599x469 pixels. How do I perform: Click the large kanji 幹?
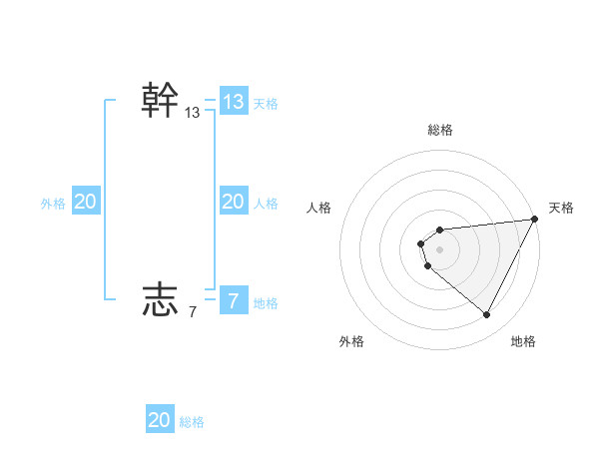[x=161, y=101]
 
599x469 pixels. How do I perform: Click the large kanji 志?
[x=161, y=298]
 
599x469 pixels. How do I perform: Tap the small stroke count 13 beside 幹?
[x=193, y=114]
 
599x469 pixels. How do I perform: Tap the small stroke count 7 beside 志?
[x=193, y=312]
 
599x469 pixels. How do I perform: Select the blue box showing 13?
[x=234, y=101]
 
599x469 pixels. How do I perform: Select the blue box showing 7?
[x=234, y=298]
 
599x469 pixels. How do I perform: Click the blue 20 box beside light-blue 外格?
[x=86, y=202]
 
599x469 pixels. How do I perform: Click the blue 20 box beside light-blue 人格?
[x=234, y=202]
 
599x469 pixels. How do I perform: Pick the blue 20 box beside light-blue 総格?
[x=160, y=420]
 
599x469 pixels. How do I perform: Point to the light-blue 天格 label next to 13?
[x=266, y=103]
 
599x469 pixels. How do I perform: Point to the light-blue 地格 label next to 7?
[x=266, y=303]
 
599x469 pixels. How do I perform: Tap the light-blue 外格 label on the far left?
[x=53, y=204]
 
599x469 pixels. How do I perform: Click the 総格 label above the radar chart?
[x=440, y=130]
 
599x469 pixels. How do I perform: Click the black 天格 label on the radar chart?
[x=561, y=208]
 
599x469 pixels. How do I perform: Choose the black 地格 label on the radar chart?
[x=523, y=342]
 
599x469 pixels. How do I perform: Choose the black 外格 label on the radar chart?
[x=351, y=342]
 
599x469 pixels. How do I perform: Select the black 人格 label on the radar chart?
[x=319, y=208]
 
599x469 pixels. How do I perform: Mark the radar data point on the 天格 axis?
[x=534, y=220]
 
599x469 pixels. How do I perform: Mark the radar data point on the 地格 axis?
[x=487, y=315]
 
